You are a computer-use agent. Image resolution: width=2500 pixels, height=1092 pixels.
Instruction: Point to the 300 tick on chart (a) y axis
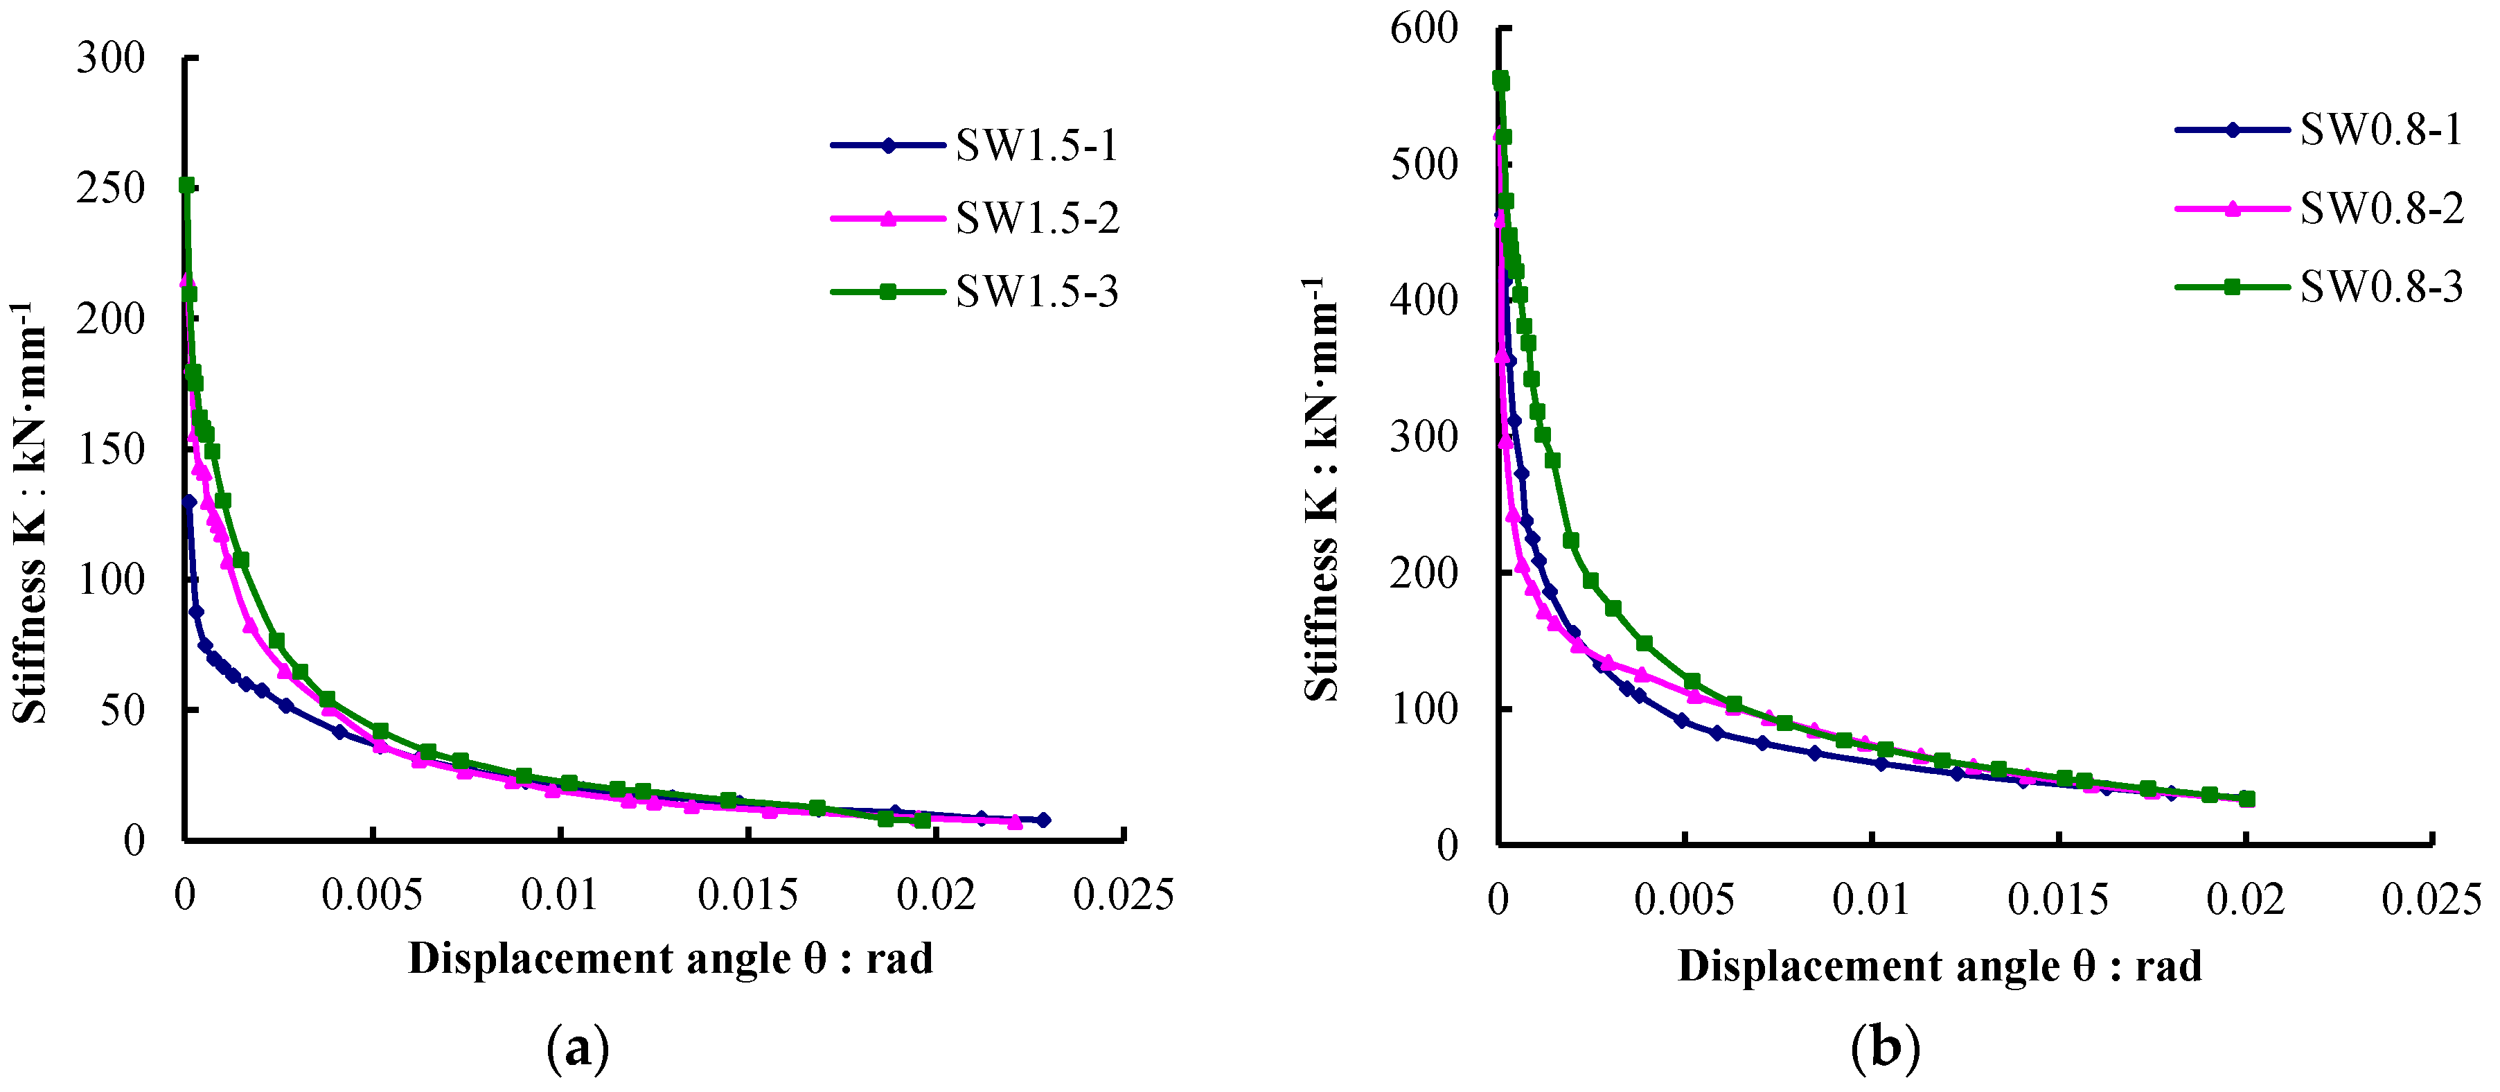pos(111,58)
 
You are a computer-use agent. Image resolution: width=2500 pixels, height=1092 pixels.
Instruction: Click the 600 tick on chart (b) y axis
pos(1423,28)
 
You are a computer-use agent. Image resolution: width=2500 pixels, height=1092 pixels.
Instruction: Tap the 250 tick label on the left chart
pos(111,188)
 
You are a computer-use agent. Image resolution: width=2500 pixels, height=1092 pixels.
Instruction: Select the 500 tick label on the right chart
pos(1423,164)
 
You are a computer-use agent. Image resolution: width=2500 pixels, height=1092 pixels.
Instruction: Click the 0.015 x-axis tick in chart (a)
pos(747,895)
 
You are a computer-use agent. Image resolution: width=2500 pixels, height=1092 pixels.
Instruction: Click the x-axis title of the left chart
pos(670,959)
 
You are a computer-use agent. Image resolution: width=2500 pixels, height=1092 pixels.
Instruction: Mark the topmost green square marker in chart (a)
pos(186,184)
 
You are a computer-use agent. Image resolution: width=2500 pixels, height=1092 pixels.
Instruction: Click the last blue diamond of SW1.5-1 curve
pos(1043,820)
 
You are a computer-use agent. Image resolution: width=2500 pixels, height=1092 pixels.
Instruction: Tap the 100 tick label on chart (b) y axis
pos(1423,710)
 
